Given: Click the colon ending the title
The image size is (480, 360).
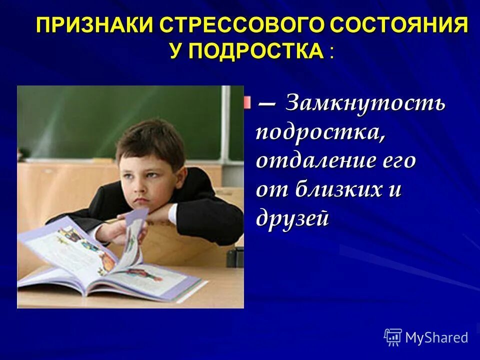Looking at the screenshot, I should point(331,53).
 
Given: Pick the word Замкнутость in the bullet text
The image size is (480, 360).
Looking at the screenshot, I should point(365,104).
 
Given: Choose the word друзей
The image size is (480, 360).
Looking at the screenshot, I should point(292,219).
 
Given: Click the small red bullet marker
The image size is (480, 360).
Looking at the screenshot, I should point(247,102).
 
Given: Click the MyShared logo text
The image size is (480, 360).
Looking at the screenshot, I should point(436,337).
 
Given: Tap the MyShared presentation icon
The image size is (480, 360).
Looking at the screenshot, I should point(393,337).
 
